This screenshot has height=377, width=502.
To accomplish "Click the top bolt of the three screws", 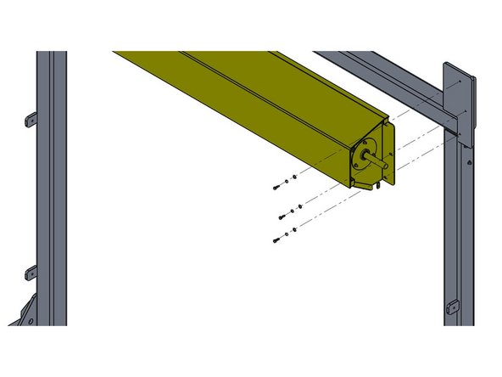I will [x=277, y=186].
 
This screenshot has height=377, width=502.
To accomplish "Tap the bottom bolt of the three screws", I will [x=277, y=240].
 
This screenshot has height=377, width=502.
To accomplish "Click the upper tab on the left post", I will [x=31, y=118].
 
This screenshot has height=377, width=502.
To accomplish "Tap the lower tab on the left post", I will [x=31, y=273].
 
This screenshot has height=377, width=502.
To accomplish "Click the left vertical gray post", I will [x=51, y=187].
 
